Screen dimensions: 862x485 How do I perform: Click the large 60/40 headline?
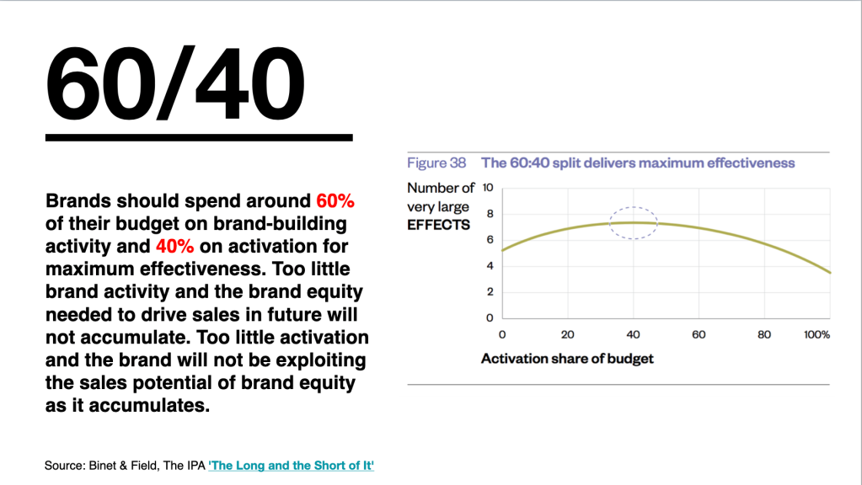(x=174, y=83)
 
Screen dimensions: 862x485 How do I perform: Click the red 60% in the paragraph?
(x=335, y=201)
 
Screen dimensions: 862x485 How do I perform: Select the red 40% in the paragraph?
(x=174, y=246)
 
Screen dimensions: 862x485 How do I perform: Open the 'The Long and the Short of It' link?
(x=292, y=466)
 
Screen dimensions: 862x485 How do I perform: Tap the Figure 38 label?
(x=436, y=163)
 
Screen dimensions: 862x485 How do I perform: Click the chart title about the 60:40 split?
(x=638, y=163)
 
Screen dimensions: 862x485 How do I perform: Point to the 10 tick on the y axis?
(x=488, y=188)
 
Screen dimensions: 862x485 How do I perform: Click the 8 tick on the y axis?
(x=490, y=214)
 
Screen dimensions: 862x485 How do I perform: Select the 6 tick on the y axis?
(x=490, y=239)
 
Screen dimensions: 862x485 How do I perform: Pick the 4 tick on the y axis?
(x=490, y=266)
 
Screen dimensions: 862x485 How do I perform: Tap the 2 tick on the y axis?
(x=490, y=291)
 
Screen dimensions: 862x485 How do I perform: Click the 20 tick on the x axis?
(x=568, y=334)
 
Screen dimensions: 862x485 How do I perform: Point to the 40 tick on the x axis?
(x=634, y=334)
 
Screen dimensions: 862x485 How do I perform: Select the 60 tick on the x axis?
(x=699, y=334)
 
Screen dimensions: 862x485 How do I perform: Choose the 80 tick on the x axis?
(x=764, y=334)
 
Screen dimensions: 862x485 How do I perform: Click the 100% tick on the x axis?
(x=817, y=334)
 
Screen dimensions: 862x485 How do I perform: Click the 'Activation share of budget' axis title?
(x=567, y=359)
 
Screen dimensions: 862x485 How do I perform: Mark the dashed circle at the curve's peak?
(x=634, y=208)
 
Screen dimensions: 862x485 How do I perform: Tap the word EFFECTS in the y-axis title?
(x=439, y=225)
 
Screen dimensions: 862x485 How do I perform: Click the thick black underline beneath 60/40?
(x=199, y=137)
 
